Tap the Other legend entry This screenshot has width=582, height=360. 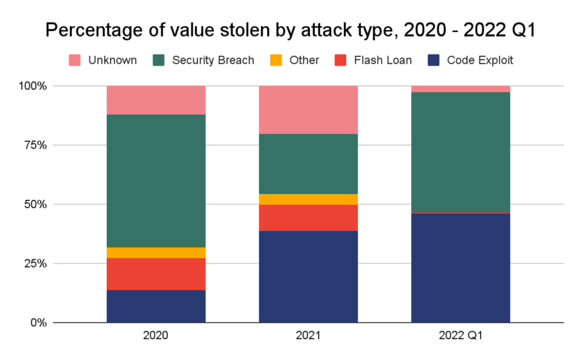pos(295,60)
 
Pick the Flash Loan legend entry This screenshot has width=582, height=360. pos(372,60)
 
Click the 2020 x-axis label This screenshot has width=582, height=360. pos(156,337)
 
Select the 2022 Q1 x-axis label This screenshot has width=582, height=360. pos(460,337)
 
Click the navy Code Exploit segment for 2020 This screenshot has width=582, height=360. pos(156,306)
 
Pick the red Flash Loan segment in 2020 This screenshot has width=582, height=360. pos(156,274)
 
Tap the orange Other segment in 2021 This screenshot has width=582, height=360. pos(308,199)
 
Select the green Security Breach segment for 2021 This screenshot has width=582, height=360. pos(308,164)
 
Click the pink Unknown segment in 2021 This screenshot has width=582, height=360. pos(308,110)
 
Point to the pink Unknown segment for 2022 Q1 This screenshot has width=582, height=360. pos(460,89)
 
